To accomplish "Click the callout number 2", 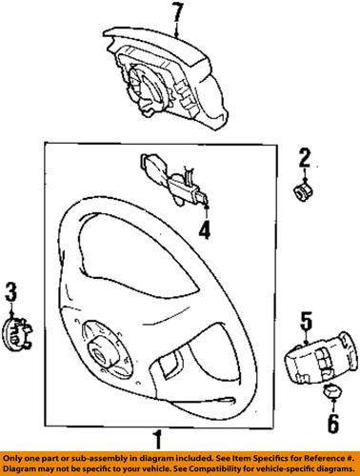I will (x=305, y=156).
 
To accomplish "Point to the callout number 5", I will (x=307, y=320).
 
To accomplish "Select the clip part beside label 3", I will (x=18, y=332).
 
